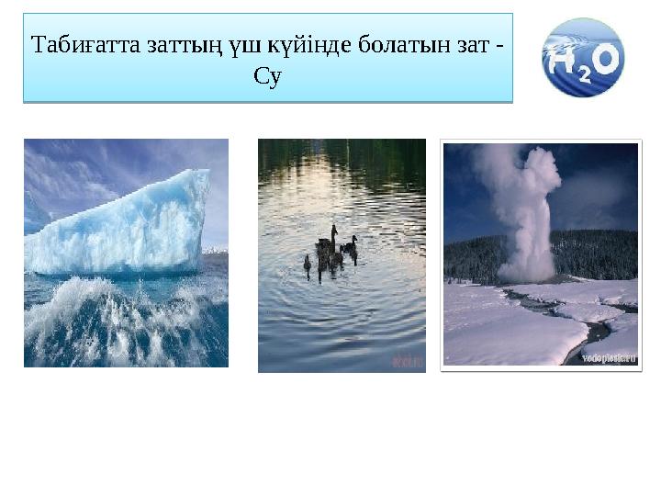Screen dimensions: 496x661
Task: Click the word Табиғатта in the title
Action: click(x=85, y=45)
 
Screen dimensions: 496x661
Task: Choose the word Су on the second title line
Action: click(x=267, y=78)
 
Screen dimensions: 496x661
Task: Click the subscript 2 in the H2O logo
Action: click(x=584, y=76)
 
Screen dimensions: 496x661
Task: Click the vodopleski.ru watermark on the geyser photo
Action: click(x=607, y=359)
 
